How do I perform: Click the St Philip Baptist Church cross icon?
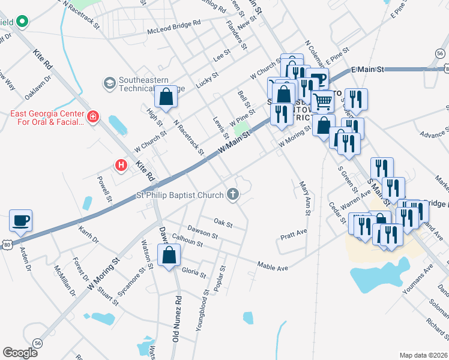233,194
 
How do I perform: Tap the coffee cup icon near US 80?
21,220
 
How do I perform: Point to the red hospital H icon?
121,164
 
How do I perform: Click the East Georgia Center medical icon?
92,116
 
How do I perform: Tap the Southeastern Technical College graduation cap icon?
109,82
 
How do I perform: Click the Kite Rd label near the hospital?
145,171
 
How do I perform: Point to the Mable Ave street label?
273,265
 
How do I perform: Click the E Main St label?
367,70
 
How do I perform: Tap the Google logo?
20,353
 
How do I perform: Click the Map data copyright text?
423,355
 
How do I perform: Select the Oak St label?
223,223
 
